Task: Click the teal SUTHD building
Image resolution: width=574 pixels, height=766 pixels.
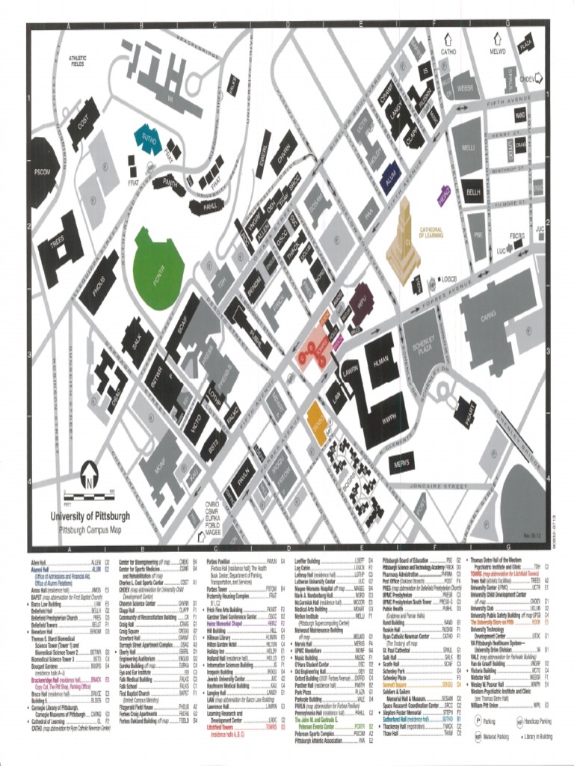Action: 146,138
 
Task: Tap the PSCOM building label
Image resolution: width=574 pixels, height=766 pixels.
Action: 42,172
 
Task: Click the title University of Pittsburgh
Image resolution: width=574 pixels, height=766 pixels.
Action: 90,516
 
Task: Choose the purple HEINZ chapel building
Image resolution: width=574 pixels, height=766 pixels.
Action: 443,197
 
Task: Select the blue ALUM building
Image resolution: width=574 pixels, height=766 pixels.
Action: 390,177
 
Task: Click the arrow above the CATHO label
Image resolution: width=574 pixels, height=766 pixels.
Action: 448,39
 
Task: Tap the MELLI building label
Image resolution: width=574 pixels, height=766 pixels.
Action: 469,148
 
